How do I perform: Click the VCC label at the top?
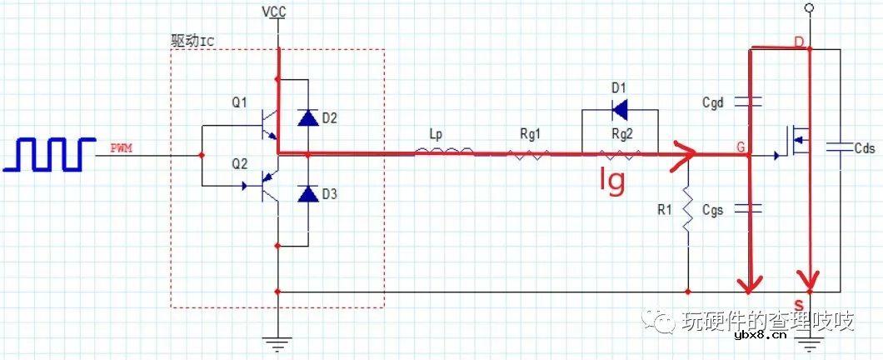[x=275, y=12]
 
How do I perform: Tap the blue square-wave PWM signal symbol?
[x=49, y=153]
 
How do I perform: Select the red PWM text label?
[x=122, y=149]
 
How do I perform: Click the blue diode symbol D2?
[x=307, y=117]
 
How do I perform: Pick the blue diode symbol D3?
[x=307, y=194]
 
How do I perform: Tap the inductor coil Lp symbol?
[x=444, y=151]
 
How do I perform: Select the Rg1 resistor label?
[x=529, y=136]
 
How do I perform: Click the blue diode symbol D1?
[x=620, y=110]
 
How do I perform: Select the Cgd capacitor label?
[x=712, y=103]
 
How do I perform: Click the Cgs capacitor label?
[x=712, y=210]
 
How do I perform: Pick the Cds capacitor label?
[x=865, y=148]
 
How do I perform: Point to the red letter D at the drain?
[x=799, y=42]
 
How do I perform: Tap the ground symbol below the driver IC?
[x=277, y=342]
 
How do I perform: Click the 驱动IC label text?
[x=192, y=41]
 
